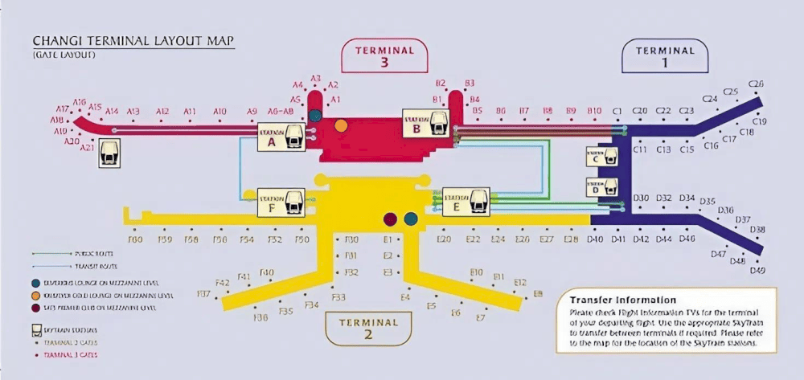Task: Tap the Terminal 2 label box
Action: (368, 328)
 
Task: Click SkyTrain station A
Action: (282, 137)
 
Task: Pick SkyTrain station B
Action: (426, 122)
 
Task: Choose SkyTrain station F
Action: (281, 203)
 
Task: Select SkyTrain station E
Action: (466, 202)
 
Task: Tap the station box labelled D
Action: (602, 188)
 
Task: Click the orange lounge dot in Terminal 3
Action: (342, 125)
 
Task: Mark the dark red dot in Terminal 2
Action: (391, 219)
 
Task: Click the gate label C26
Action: (756, 84)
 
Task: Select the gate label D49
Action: (757, 271)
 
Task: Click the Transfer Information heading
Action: (622, 299)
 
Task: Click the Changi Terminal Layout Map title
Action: (133, 41)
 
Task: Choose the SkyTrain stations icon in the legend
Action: (37, 329)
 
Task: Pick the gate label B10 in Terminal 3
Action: (594, 110)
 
